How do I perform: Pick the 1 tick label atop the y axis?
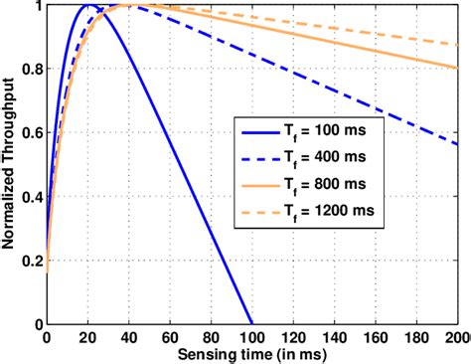pos(38,7)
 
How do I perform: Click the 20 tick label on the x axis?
pos(87,338)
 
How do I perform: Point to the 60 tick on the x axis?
pos(170,338)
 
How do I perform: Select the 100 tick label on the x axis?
pos(252,338)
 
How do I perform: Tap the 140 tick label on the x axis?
pos(335,338)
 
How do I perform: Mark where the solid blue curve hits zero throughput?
pos(252,324)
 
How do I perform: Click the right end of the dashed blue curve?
pos(458,144)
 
